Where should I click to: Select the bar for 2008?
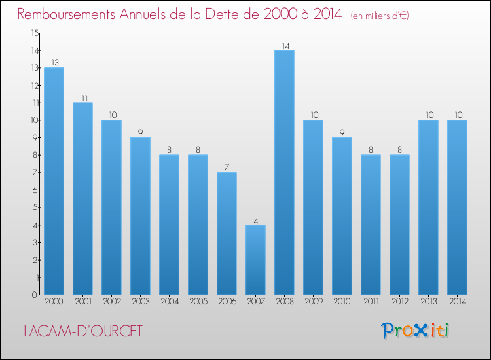pos(284,172)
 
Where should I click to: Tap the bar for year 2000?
pos(54,181)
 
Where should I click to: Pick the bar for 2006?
pos(227,233)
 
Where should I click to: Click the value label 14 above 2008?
pos(284,46)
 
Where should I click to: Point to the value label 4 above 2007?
pos(255,221)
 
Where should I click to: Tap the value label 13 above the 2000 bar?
pos(54,63)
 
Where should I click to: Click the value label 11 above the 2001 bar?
pos(82,98)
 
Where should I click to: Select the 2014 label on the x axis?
pos(457,302)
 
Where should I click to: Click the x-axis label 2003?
pos(140,302)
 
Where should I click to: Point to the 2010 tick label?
pos(342,302)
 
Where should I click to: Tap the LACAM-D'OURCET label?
pos(82,331)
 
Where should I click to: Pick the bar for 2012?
pos(399,225)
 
